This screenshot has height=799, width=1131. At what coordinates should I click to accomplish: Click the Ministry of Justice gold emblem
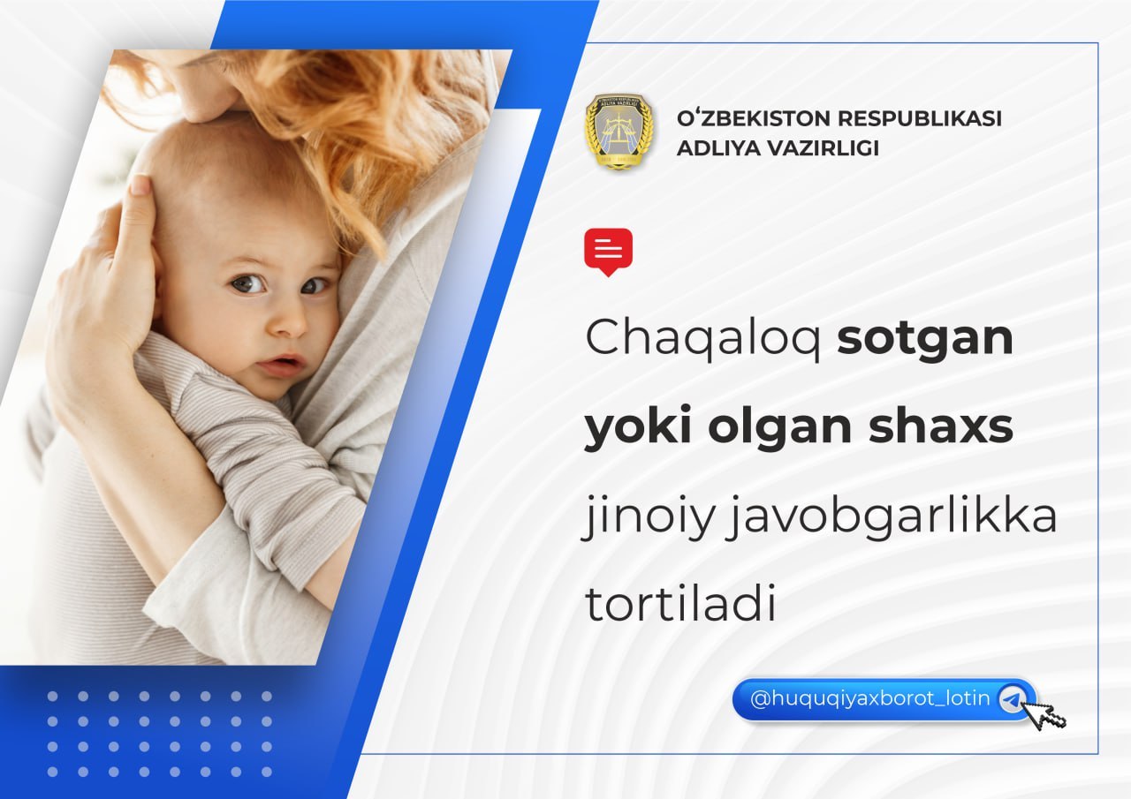point(619,132)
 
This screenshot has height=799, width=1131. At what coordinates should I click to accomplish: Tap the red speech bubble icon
point(609,252)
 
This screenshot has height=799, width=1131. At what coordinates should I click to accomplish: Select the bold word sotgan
point(925,339)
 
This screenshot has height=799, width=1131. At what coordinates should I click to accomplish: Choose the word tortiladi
point(680,603)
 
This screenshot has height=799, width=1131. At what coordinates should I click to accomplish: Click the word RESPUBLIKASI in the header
point(920,118)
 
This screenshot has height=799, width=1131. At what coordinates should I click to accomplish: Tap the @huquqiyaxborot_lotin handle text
point(870,698)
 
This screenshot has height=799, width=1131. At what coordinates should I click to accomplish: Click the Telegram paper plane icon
point(1012,698)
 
